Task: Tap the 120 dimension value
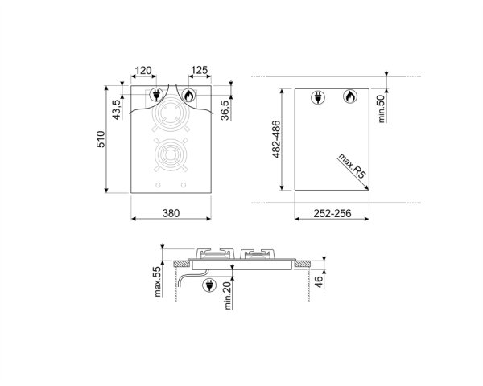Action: pyautogui.click(x=143, y=72)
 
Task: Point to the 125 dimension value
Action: pyautogui.click(x=200, y=72)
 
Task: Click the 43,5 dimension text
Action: pyautogui.click(x=117, y=109)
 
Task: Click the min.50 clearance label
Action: pyautogui.click(x=382, y=108)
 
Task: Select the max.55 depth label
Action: pyautogui.click(x=159, y=281)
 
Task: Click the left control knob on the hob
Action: pyautogui.click(x=158, y=187)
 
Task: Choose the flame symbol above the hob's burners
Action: pyautogui.click(x=188, y=95)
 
